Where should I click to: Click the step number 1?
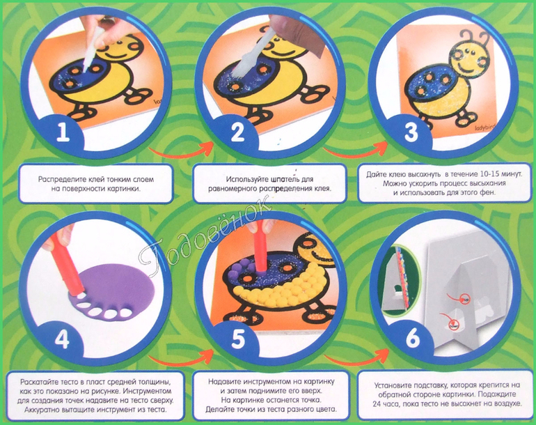click(63, 132)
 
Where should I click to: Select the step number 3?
click(411, 132)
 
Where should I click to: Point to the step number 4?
click(63, 339)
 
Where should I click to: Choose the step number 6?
click(413, 338)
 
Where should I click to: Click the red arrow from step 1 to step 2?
click(181, 152)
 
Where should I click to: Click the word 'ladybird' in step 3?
click(484, 127)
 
